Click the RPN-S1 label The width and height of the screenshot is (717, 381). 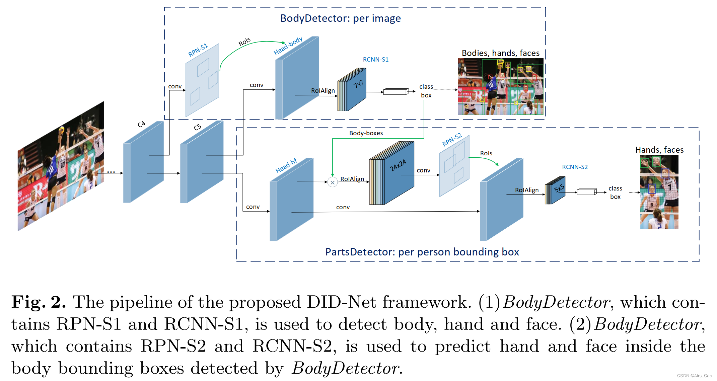(198, 50)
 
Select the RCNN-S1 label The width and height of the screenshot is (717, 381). (375, 60)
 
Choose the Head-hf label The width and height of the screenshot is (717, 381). (286, 165)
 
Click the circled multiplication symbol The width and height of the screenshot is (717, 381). (332, 182)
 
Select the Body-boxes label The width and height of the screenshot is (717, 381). (366, 133)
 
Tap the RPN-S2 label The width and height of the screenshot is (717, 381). (452, 140)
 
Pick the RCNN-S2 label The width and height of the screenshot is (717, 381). (575, 167)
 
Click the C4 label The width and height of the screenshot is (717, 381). (141, 124)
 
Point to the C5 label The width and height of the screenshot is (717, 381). (198, 127)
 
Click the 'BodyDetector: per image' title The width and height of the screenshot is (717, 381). (340, 18)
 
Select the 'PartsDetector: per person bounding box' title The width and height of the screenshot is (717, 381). (422, 252)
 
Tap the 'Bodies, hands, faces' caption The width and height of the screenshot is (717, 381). (500, 53)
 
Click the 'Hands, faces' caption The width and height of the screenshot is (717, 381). (659, 150)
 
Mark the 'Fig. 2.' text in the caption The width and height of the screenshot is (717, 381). (39, 302)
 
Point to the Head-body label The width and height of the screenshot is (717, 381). (288, 46)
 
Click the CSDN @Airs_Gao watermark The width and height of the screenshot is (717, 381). (694, 376)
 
